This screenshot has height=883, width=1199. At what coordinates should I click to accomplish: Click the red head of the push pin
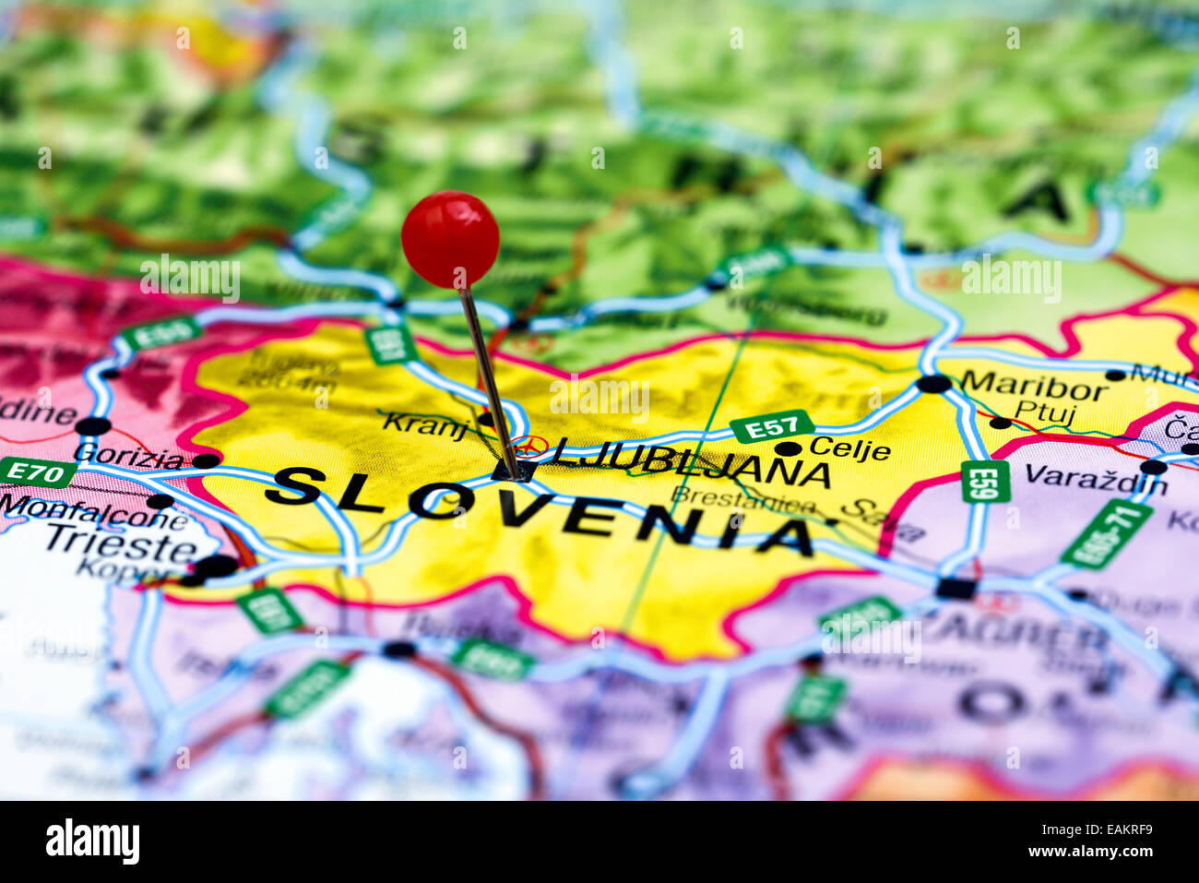[450, 239]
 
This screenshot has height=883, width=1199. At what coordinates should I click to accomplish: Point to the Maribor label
[1032, 386]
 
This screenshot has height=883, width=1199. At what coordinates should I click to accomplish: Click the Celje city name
[849, 450]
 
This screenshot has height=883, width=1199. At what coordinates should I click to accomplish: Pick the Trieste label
[121, 543]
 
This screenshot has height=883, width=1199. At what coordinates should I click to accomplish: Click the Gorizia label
[128, 455]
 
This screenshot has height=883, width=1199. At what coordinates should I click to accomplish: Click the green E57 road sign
[772, 426]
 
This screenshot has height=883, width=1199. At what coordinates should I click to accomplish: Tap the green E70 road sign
[37, 471]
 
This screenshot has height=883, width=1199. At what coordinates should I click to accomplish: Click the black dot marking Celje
[788, 449]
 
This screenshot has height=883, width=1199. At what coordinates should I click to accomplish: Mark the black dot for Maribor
[933, 384]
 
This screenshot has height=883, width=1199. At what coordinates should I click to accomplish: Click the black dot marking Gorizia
[206, 460]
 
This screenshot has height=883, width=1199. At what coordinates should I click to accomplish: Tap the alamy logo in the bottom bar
[92, 841]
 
